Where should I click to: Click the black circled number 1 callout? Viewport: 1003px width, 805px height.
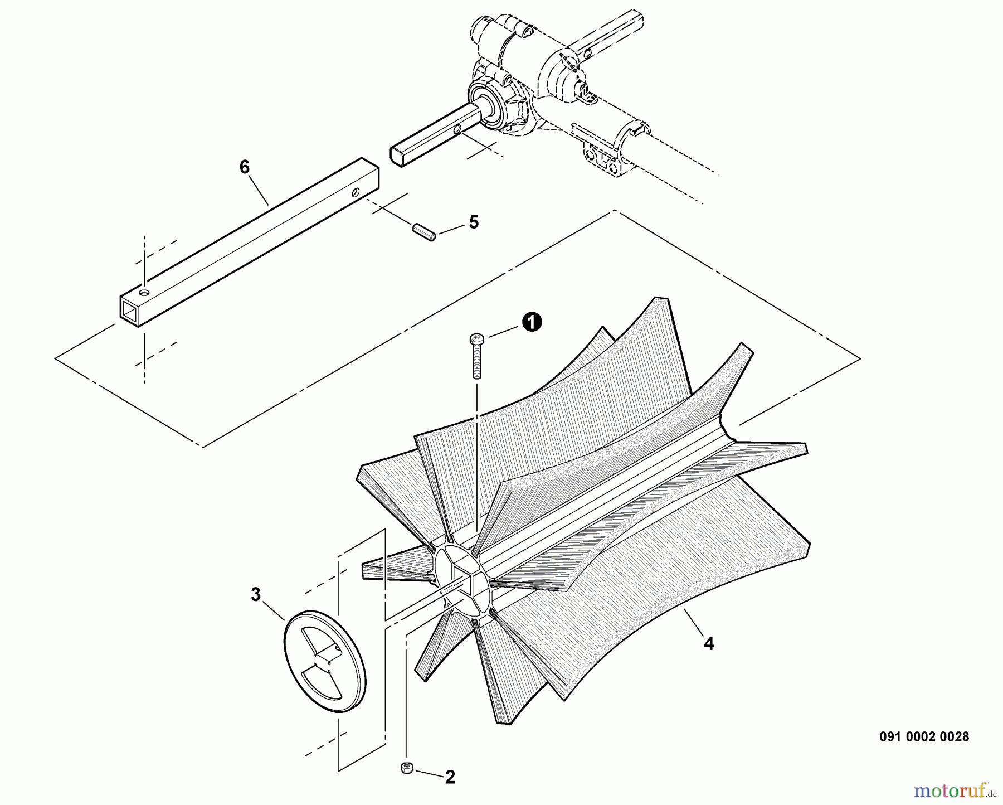(532, 322)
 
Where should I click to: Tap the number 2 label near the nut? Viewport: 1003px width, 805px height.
(450, 777)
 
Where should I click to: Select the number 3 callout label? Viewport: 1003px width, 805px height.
(255, 595)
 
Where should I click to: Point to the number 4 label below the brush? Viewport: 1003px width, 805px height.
(708, 643)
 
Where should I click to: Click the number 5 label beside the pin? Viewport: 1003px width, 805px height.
(473, 222)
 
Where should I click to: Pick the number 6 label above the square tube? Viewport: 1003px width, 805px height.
(245, 167)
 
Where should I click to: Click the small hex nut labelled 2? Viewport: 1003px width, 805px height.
(406, 768)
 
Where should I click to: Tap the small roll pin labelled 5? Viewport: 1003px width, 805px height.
(424, 232)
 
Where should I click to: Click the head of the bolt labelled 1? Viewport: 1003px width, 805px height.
(476, 338)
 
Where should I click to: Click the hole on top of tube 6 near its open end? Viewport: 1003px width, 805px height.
(144, 292)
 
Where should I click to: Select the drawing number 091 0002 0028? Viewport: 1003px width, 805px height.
(924, 736)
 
